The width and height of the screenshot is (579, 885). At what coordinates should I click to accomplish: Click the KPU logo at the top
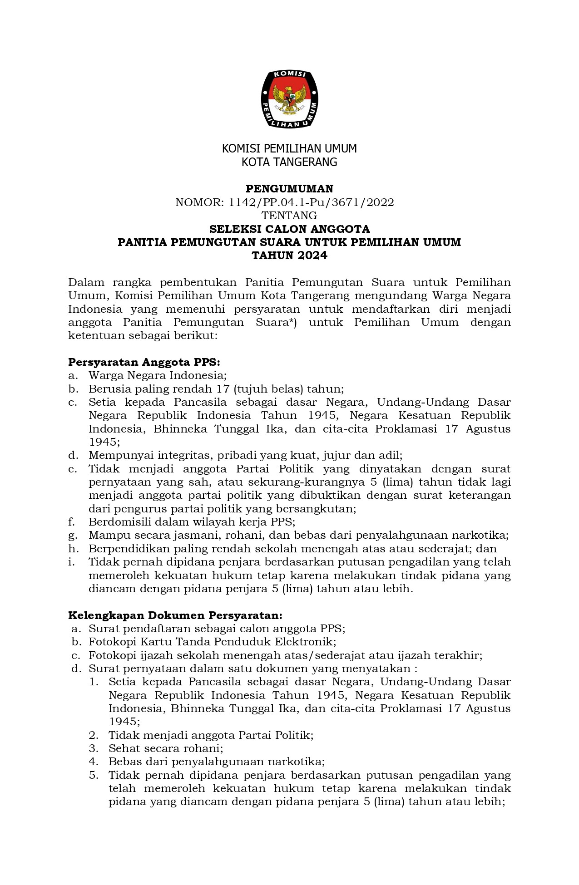[x=289, y=99]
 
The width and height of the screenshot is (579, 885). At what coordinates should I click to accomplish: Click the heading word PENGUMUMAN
[x=289, y=189]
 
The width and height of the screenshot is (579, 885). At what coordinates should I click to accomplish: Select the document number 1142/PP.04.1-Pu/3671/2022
[x=311, y=202]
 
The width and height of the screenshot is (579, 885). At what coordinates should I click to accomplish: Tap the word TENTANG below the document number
[x=289, y=216]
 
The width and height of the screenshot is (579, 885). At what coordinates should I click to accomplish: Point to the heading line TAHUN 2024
[x=289, y=256]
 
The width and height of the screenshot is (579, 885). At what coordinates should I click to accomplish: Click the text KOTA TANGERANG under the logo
[x=289, y=162]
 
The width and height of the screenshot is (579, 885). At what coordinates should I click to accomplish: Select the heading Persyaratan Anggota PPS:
[x=144, y=363]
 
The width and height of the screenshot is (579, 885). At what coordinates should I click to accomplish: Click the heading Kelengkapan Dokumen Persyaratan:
[x=175, y=616]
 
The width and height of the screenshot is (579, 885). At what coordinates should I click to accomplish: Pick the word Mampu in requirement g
[x=104, y=536]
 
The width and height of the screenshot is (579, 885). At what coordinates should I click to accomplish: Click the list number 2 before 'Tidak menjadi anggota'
[x=94, y=735]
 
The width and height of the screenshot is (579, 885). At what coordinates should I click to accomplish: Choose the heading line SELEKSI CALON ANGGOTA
[x=289, y=229]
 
